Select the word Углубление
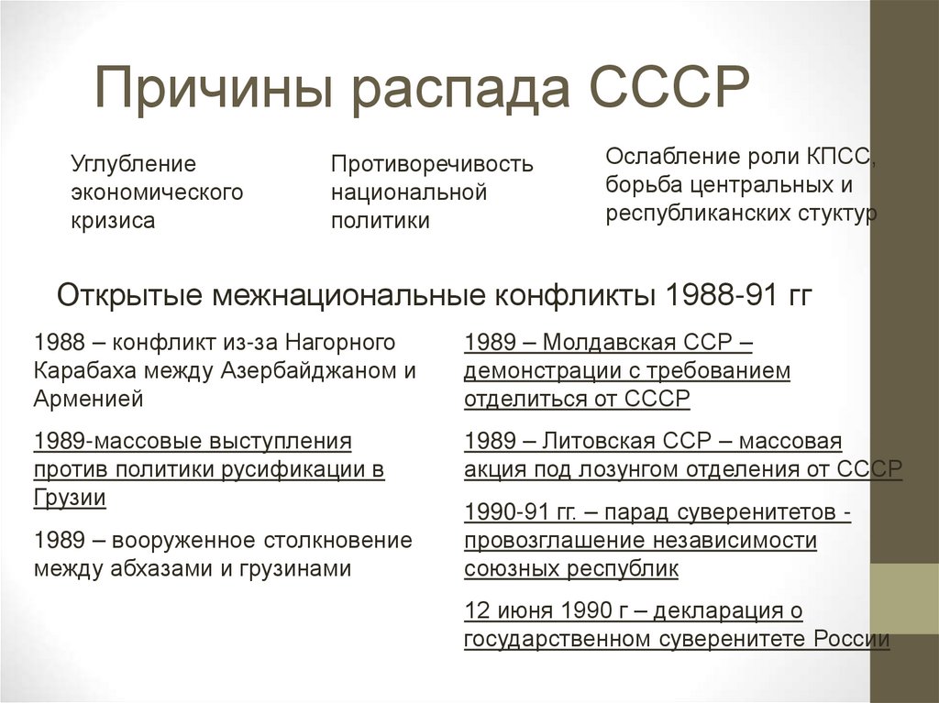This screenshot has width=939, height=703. [134, 165]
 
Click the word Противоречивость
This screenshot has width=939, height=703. [432, 165]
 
